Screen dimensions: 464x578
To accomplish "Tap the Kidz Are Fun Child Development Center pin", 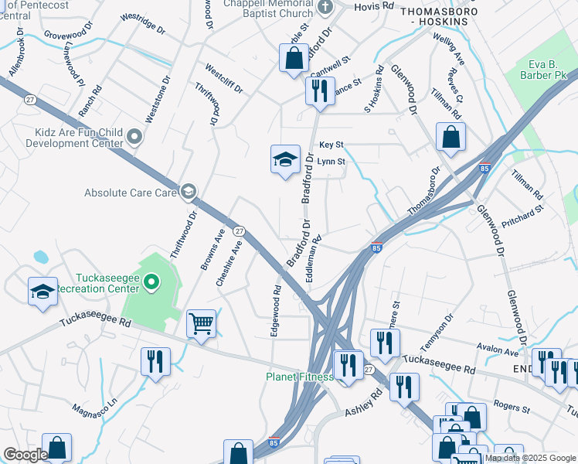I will pyautogui.click(x=135, y=138).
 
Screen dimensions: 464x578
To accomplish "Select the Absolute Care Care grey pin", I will pyautogui.click(x=188, y=192).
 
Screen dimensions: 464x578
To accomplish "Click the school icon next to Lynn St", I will pyautogui.click(x=284, y=159).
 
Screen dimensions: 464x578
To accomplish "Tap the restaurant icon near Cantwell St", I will pyautogui.click(x=318, y=90).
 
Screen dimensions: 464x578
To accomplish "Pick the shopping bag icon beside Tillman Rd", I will pyautogui.click(x=450, y=137).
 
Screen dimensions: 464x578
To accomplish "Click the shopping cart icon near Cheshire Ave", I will pyautogui.click(x=202, y=322).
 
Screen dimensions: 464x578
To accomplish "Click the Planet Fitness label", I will pyautogui.click(x=299, y=377).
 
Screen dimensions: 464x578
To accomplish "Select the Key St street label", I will pyautogui.click(x=331, y=145).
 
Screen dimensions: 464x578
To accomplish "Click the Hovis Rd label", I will pyautogui.click(x=374, y=6).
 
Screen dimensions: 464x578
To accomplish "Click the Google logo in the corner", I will pyautogui.click(x=25, y=455).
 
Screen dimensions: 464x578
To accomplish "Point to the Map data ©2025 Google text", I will pyautogui.click(x=529, y=458).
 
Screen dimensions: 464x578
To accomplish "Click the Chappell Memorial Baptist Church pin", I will pyautogui.click(x=325, y=9).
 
